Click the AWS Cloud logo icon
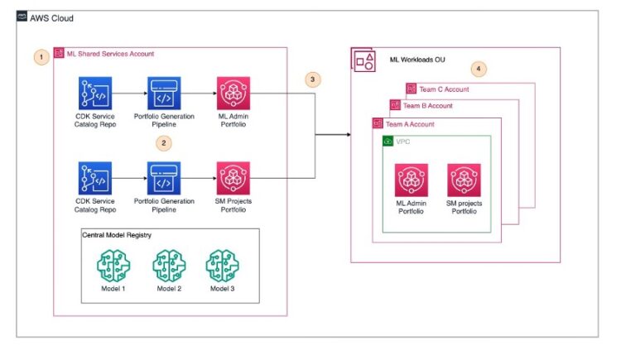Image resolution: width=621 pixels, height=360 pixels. pyautogui.click(x=22, y=17)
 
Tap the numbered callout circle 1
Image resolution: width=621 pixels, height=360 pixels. pyautogui.click(x=38, y=57)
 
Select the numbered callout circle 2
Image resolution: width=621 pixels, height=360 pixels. pyautogui.click(x=164, y=142)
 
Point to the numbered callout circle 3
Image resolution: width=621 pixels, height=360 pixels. pyautogui.click(x=311, y=79)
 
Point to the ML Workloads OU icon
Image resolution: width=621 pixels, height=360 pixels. pyautogui.click(x=363, y=60)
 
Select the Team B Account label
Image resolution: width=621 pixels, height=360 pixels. pyautogui.click(x=428, y=106)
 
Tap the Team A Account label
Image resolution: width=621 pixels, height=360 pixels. pyautogui.click(x=409, y=124)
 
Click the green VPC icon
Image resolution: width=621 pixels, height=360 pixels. pyautogui.click(x=388, y=142)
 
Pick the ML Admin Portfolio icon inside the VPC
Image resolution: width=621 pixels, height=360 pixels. pyautogui.click(x=412, y=180)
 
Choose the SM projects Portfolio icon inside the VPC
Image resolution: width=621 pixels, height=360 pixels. pyautogui.click(x=464, y=180)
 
